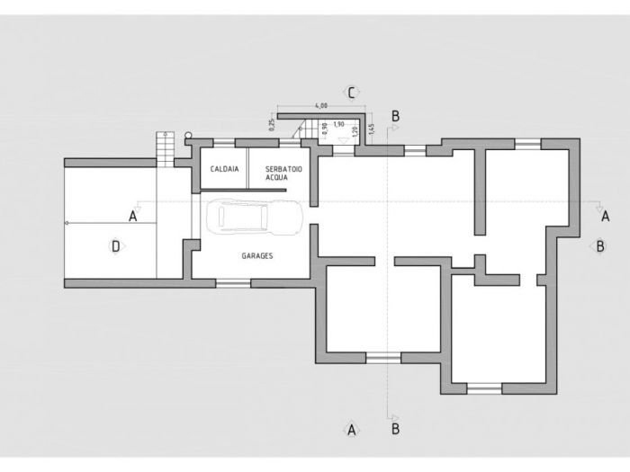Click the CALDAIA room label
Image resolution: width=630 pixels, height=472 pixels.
223,169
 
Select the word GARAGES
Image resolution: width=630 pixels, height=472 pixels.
256,256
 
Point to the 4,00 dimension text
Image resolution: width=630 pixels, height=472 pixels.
321,107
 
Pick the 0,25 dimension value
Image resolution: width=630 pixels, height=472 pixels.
271,125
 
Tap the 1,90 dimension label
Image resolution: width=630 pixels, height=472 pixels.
338,124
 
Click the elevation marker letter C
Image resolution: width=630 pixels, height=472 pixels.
353,92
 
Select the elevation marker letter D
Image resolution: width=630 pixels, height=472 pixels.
115,245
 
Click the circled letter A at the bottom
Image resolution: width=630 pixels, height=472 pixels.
353,430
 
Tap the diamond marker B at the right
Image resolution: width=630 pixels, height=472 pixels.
600,245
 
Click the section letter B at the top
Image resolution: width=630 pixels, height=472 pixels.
396,115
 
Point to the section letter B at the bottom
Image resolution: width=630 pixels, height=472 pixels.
396,430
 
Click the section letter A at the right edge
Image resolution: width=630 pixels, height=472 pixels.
605,216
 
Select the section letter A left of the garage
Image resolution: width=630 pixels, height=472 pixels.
132,216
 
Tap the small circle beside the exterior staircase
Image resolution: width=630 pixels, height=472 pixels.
188,136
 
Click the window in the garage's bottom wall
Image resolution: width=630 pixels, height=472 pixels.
232,283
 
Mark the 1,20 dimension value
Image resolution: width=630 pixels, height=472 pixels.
356,131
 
